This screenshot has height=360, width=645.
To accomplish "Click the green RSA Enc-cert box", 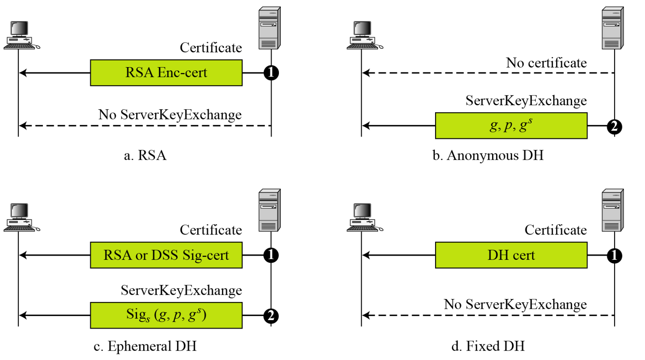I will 166,73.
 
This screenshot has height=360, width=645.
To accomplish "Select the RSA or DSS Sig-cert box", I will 166,255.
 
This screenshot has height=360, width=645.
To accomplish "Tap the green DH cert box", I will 511,255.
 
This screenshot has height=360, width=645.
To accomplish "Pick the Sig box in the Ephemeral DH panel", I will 166,315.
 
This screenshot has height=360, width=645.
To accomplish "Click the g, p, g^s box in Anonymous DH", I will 511,126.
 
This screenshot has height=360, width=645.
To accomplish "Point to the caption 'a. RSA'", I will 145,155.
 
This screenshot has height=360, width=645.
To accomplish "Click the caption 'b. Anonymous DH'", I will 488,155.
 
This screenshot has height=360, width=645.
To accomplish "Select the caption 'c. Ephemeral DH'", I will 145,346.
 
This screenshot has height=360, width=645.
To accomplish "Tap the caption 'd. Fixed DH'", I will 488,346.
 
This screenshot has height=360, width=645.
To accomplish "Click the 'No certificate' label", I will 546,63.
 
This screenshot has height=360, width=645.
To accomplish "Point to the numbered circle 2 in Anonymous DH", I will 614,127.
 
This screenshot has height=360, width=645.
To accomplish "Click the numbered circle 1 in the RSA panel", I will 271,73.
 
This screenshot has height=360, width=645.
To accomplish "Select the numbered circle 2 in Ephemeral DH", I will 271,316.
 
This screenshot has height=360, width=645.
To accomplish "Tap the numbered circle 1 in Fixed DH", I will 614,255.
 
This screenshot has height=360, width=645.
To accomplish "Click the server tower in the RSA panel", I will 269,28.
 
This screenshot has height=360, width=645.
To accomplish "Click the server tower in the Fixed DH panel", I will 613,210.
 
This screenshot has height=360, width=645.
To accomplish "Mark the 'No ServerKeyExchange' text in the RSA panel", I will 170,115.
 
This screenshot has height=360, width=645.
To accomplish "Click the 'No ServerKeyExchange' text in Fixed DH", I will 515,304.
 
